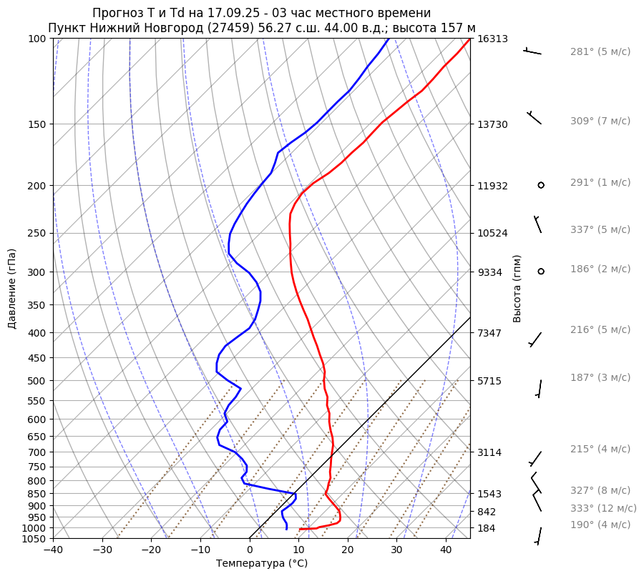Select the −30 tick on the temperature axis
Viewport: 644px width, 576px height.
coord(102,550)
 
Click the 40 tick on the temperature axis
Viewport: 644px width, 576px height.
coord(446,550)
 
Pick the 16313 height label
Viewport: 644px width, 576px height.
coord(493,39)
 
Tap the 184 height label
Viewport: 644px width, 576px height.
coord(487,528)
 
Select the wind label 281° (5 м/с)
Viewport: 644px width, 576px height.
coord(600,52)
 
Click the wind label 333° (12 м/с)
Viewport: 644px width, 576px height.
coord(602,509)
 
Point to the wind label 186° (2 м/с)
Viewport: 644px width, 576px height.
coord(600,269)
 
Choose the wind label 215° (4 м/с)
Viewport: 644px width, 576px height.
coord(600,450)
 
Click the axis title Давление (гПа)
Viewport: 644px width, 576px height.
coord(12,289)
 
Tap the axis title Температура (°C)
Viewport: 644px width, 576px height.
coord(261,564)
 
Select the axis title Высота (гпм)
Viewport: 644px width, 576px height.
coord(517,287)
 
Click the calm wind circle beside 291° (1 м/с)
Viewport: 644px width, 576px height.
coord(541,185)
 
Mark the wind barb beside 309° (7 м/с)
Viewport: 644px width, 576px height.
coord(534,117)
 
